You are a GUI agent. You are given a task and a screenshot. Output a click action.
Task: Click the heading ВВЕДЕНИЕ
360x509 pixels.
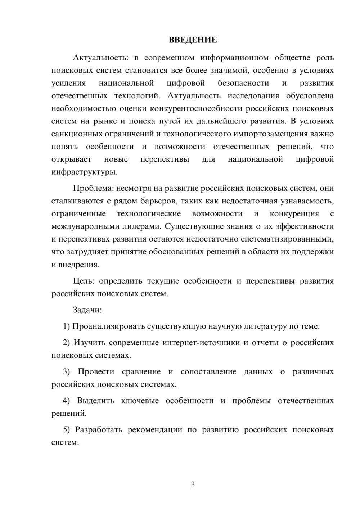193,40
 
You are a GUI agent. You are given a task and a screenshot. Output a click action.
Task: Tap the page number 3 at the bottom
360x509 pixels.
193,485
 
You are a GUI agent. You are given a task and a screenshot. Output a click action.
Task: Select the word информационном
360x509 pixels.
234,58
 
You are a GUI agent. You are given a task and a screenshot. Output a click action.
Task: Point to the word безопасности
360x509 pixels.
243,83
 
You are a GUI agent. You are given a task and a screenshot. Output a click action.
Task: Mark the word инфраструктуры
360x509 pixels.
84,172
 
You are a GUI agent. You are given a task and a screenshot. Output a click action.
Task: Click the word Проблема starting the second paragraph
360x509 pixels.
88,188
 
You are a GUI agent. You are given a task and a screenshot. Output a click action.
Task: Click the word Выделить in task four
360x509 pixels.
95,401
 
